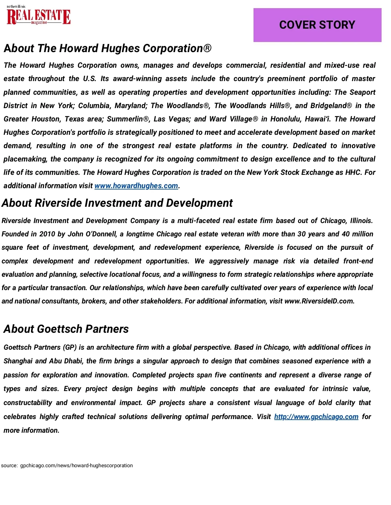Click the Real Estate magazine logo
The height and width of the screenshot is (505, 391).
point(38,16)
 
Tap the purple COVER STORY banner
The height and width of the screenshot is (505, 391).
point(317,25)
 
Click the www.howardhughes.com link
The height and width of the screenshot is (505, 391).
point(136,186)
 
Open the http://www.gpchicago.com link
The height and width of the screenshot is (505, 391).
point(316,417)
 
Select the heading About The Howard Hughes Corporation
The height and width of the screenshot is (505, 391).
point(108,49)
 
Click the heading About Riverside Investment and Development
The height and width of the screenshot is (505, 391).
point(117,203)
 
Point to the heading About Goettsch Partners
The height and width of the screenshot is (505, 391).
point(66,329)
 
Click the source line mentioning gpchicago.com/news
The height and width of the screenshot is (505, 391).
point(67,466)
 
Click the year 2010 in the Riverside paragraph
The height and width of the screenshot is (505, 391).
point(47,234)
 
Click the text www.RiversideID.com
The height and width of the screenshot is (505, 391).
point(319,301)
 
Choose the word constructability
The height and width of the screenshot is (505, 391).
point(28,403)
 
